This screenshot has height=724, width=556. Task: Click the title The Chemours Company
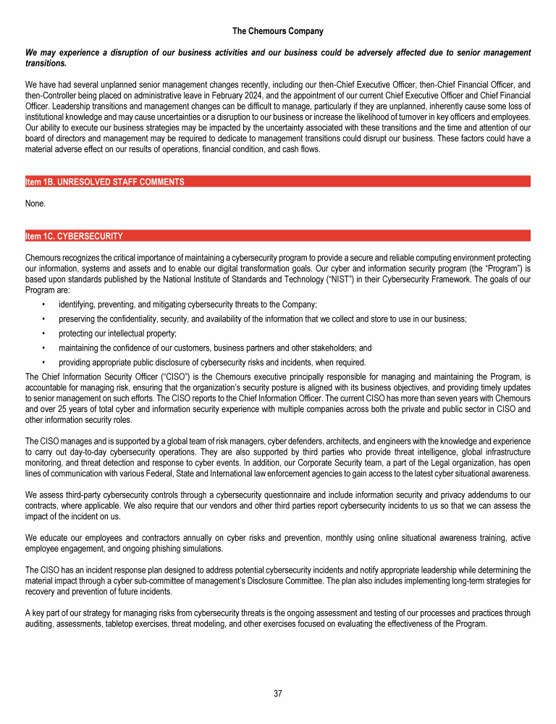pyautogui.click(x=278, y=31)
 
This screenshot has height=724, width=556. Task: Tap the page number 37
pyautogui.click(x=278, y=694)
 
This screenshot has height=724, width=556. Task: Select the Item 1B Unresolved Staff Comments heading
pyautogui.click(x=105, y=182)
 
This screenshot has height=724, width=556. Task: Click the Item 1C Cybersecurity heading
pyautogui.click(x=74, y=236)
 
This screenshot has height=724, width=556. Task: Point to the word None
pyautogui.click(x=35, y=203)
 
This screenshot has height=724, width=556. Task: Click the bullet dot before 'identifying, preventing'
pyautogui.click(x=44, y=305)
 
